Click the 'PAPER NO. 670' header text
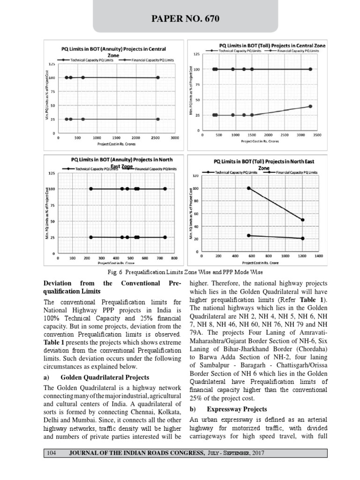180,19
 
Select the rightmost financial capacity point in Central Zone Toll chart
310,106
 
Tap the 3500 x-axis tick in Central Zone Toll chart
317,135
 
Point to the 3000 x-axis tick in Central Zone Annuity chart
175,138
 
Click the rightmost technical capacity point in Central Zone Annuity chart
158,77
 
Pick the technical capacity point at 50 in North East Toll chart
302,220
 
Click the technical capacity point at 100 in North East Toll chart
249,188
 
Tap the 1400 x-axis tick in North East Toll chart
319,256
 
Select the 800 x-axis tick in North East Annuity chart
174,258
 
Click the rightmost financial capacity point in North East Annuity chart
165,237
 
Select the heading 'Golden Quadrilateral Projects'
105,377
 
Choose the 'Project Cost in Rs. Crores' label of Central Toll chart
259,140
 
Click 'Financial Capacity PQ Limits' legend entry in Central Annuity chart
150,60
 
